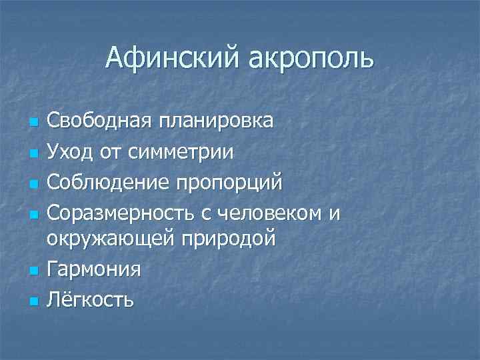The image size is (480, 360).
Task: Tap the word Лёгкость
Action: coord(91,299)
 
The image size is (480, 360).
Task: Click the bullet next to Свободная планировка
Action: coord(31,123)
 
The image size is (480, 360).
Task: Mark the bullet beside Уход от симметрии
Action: coord(31,153)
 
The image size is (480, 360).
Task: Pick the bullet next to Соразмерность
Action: coord(31,213)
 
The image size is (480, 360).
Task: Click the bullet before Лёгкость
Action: coord(31,301)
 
